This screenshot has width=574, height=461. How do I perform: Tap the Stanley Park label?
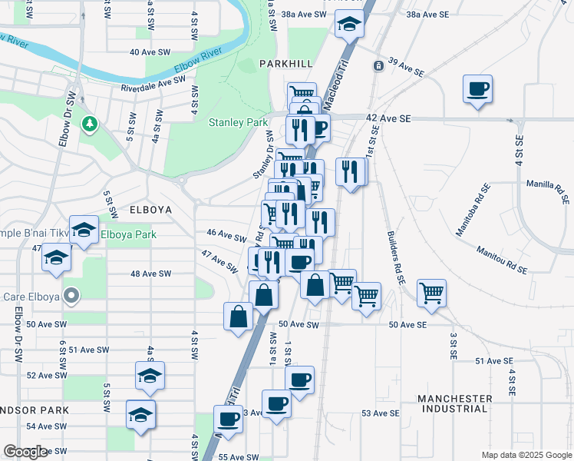[238, 122]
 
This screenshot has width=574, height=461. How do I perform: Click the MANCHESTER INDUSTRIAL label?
[455, 403]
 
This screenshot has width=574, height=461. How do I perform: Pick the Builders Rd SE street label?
[395, 257]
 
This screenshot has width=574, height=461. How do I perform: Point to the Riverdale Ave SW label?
[154, 84]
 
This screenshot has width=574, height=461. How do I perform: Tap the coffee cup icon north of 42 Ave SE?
[477, 88]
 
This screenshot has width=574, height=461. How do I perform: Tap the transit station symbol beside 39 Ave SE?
[378, 66]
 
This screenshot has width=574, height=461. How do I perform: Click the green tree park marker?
[90, 123]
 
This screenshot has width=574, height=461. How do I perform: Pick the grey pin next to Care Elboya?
[71, 294]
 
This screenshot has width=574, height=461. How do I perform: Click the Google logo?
[25, 452]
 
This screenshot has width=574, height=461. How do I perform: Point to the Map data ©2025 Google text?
[526, 455]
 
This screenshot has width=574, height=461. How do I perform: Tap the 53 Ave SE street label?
[381, 413]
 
